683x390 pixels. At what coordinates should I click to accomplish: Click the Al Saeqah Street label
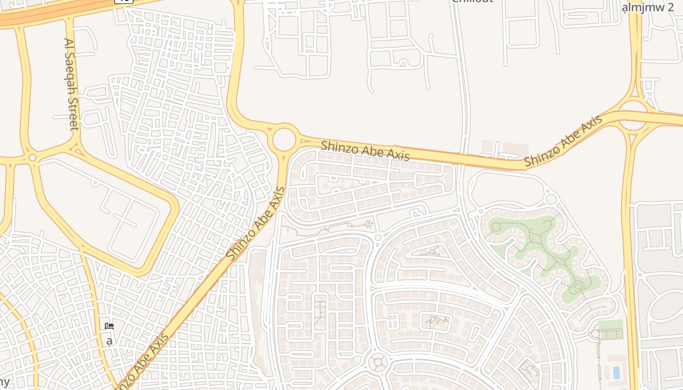point(71,84)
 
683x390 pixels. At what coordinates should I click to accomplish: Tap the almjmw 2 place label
point(648,8)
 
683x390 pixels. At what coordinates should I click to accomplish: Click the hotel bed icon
point(109,326)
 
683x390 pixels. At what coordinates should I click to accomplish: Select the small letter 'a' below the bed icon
point(109,341)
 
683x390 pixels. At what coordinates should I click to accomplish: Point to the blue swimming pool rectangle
point(616,372)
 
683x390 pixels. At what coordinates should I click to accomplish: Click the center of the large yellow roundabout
point(284,140)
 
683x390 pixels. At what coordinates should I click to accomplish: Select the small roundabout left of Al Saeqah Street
point(32,157)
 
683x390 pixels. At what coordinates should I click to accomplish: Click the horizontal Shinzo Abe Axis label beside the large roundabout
point(365,150)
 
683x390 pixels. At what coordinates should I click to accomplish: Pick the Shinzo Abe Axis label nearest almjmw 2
point(563,141)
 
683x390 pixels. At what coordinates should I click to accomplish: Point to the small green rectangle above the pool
point(610,324)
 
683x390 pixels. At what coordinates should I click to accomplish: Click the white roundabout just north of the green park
point(551,199)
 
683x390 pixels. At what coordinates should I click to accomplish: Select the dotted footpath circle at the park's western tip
point(496,227)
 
